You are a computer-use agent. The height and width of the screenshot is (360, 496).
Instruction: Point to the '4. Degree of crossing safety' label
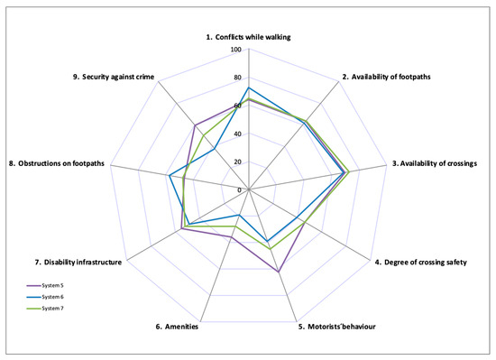point(420,263)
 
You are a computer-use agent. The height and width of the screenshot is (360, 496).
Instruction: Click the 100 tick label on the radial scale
point(235,50)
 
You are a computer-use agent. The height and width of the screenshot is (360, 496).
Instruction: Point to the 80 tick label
point(237,78)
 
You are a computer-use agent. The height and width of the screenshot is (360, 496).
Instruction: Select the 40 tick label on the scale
point(237,134)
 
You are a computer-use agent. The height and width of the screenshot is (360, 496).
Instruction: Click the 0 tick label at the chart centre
point(240,190)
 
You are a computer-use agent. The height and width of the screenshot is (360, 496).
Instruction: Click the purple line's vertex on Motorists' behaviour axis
point(279,272)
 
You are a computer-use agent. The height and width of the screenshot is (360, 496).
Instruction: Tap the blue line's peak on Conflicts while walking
point(248,88)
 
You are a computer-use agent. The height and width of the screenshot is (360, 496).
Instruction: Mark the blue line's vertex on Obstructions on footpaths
point(170,176)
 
